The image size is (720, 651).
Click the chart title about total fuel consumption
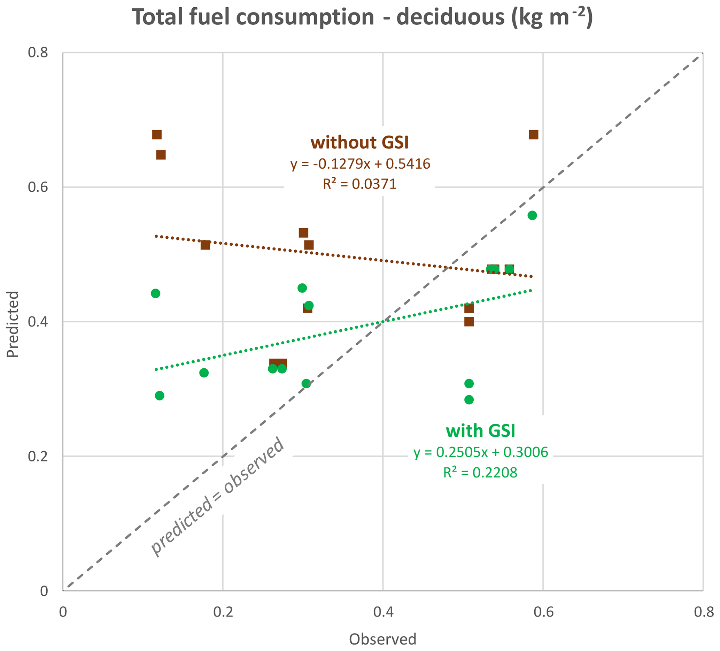point(362,17)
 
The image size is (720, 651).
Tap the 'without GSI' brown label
point(359,143)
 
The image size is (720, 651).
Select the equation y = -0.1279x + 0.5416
point(360,164)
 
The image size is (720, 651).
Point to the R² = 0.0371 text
point(359,184)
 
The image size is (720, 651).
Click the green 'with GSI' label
point(480,431)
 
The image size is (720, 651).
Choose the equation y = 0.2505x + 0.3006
point(481,452)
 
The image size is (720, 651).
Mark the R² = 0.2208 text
point(480,473)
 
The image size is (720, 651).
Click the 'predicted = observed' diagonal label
point(218,497)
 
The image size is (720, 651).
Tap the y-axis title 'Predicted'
point(13,324)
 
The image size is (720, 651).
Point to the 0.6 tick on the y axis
point(38,187)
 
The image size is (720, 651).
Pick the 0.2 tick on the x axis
point(223,612)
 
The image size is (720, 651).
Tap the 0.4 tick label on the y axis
point(38,322)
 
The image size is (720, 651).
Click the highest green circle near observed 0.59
point(532,215)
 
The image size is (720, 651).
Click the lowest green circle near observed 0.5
point(469,399)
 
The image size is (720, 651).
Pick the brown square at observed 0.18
point(206,245)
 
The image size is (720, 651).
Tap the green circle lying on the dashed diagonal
point(306,383)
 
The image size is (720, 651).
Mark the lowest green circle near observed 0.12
point(160,396)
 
